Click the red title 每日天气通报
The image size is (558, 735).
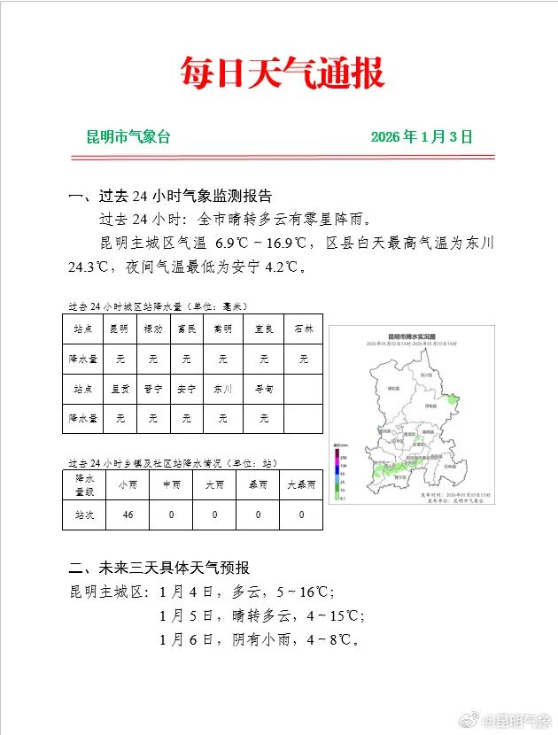click(x=282, y=72)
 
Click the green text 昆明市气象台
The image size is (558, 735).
click(x=128, y=137)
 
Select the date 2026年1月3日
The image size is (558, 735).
click(x=422, y=137)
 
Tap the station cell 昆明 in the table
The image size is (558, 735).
click(x=119, y=329)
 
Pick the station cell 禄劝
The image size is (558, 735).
click(x=152, y=329)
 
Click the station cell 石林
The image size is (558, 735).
click(x=304, y=329)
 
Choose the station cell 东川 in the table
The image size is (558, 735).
click(x=221, y=388)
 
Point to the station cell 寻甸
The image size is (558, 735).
click(x=264, y=388)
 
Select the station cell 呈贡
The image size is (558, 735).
click(x=119, y=388)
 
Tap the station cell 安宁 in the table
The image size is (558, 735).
click(x=186, y=388)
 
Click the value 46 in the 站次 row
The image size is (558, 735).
click(x=128, y=514)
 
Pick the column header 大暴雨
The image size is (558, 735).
click(x=301, y=485)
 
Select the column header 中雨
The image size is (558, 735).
click(x=171, y=485)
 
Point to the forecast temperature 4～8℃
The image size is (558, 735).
click(x=326, y=638)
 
